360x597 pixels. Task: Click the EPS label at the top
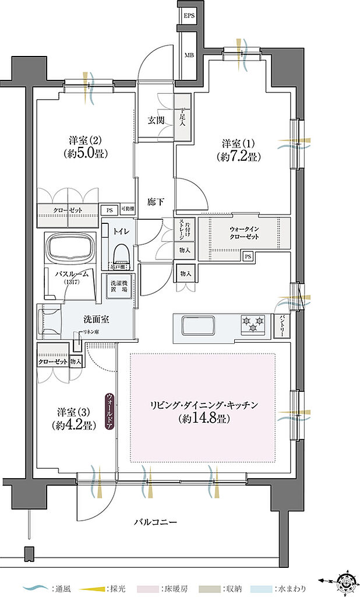click(x=189, y=15)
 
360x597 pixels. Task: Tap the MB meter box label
click(x=189, y=55)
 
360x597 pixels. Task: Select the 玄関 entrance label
click(x=155, y=121)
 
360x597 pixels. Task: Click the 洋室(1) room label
click(x=238, y=143)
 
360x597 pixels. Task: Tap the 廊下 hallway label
click(x=155, y=202)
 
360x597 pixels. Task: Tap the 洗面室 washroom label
click(x=97, y=319)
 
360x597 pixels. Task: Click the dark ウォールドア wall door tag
click(x=110, y=412)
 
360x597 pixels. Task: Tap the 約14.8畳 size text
click(x=203, y=419)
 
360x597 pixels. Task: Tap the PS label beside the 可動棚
click(x=108, y=210)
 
